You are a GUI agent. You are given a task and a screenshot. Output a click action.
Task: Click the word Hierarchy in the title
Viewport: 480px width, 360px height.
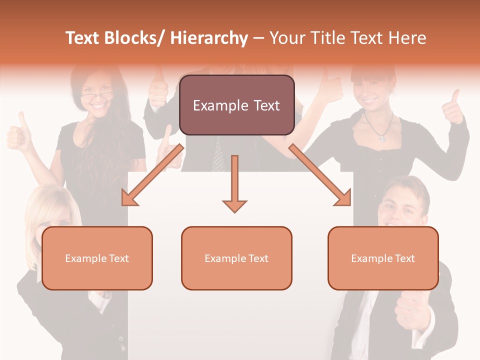[209, 38]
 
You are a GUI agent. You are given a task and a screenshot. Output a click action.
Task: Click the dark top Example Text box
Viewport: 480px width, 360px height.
[236, 105]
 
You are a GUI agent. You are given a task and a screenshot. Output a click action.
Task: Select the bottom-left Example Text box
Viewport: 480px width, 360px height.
[97, 258]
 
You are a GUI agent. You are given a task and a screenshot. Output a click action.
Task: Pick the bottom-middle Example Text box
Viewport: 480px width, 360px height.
[236, 258]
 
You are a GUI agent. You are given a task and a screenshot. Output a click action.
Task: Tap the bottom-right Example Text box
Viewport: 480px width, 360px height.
[383, 258]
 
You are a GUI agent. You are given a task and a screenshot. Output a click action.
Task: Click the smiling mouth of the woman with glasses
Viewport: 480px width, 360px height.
[98, 106]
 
